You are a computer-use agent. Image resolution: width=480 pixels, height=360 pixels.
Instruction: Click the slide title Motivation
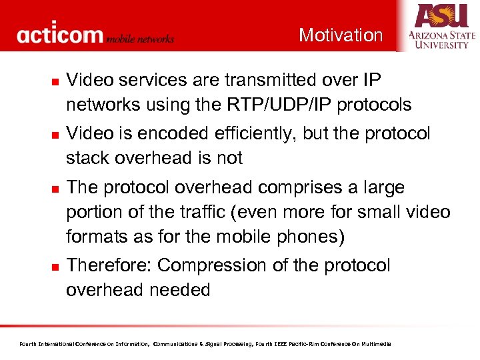click(341, 35)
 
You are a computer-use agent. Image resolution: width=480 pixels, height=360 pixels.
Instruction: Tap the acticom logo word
click(61, 35)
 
